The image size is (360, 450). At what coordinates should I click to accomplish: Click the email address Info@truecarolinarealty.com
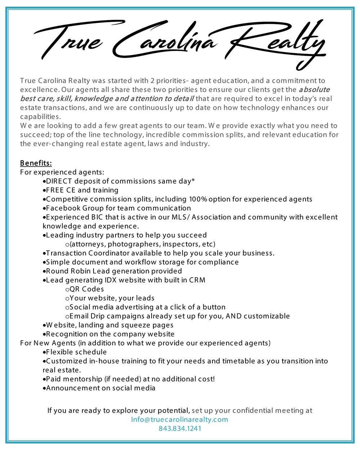(180, 419)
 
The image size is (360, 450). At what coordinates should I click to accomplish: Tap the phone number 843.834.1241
(180, 428)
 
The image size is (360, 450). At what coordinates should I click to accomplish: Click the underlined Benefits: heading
(36, 163)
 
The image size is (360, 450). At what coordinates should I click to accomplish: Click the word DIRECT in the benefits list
(59, 181)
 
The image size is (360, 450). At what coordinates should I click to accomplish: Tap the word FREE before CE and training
(55, 190)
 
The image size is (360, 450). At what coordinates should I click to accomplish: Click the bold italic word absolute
(314, 89)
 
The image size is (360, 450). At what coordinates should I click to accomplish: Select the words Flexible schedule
(76, 352)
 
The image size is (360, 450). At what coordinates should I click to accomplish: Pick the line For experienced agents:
(62, 172)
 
